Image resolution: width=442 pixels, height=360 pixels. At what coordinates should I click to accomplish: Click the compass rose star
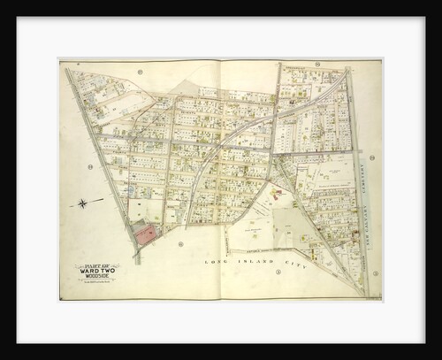[84, 203]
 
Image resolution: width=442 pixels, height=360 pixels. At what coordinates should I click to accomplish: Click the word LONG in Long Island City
[216, 263]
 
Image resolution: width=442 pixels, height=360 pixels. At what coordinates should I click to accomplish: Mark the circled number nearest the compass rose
[90, 166]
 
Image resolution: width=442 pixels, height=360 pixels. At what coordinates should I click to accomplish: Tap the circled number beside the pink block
[180, 244]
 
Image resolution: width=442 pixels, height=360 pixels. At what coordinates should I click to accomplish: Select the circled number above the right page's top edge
[290, 65]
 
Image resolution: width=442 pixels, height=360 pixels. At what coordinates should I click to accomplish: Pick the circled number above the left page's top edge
[140, 70]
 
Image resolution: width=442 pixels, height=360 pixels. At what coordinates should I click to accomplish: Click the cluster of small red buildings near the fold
[277, 190]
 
